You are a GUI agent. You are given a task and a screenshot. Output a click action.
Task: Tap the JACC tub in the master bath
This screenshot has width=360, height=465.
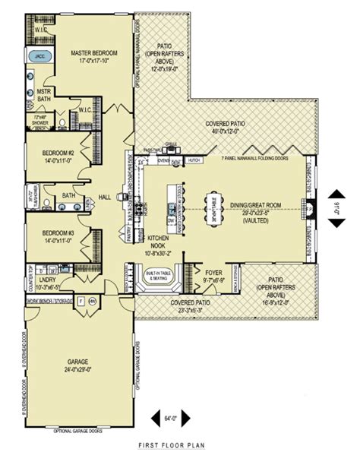38,56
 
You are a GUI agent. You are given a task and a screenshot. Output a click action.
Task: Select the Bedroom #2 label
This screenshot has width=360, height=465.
58,157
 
